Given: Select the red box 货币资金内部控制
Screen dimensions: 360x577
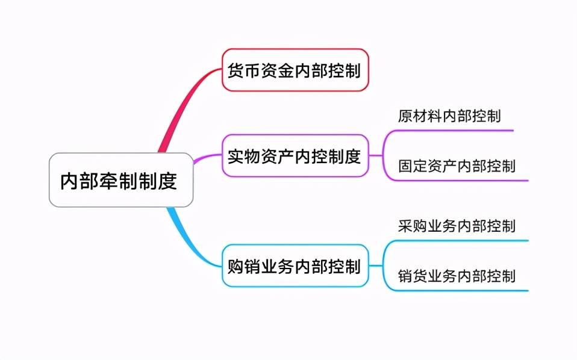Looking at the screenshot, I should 295,70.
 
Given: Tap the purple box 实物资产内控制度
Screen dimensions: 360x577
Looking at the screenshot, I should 295,156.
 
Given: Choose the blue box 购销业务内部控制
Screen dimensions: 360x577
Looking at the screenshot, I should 295,265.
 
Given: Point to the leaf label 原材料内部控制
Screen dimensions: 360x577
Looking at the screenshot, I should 449,116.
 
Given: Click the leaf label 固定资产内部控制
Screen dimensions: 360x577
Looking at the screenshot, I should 457,166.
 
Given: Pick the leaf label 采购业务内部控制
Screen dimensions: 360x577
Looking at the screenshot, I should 457,226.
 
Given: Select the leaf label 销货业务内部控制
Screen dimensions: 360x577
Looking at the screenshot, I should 457,276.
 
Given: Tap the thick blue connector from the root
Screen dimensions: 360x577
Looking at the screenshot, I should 181,232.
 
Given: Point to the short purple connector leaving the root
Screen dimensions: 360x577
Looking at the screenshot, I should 205,158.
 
